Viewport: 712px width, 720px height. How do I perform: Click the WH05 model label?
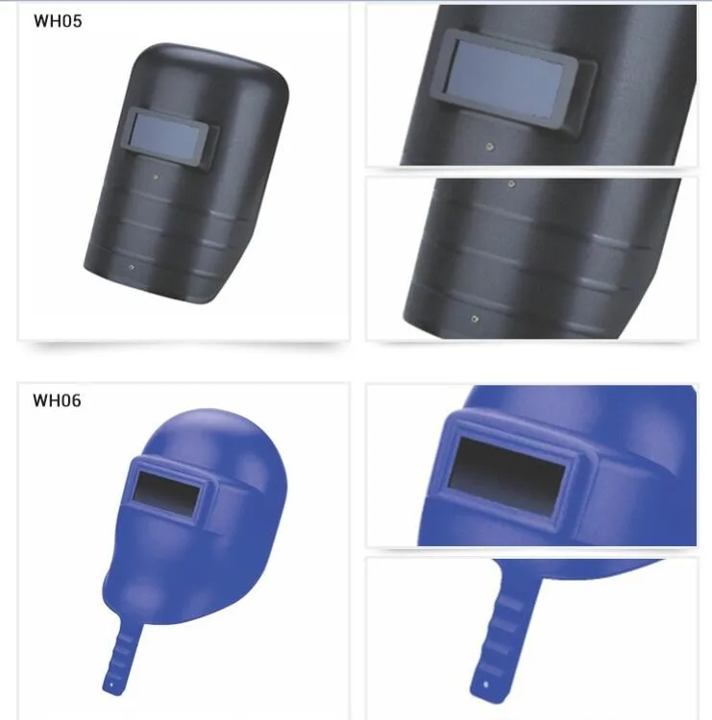[x=58, y=21]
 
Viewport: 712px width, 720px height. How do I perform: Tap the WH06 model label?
[x=57, y=400]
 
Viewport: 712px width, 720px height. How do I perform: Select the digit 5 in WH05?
[x=77, y=21]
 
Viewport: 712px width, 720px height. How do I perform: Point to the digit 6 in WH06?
[x=76, y=400]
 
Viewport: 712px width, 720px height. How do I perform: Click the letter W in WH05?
[x=40, y=21]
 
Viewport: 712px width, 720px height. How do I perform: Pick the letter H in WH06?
[x=53, y=400]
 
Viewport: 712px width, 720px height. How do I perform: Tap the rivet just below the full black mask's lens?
[x=157, y=177]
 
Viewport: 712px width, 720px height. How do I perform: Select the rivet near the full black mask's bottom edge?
[x=132, y=267]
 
